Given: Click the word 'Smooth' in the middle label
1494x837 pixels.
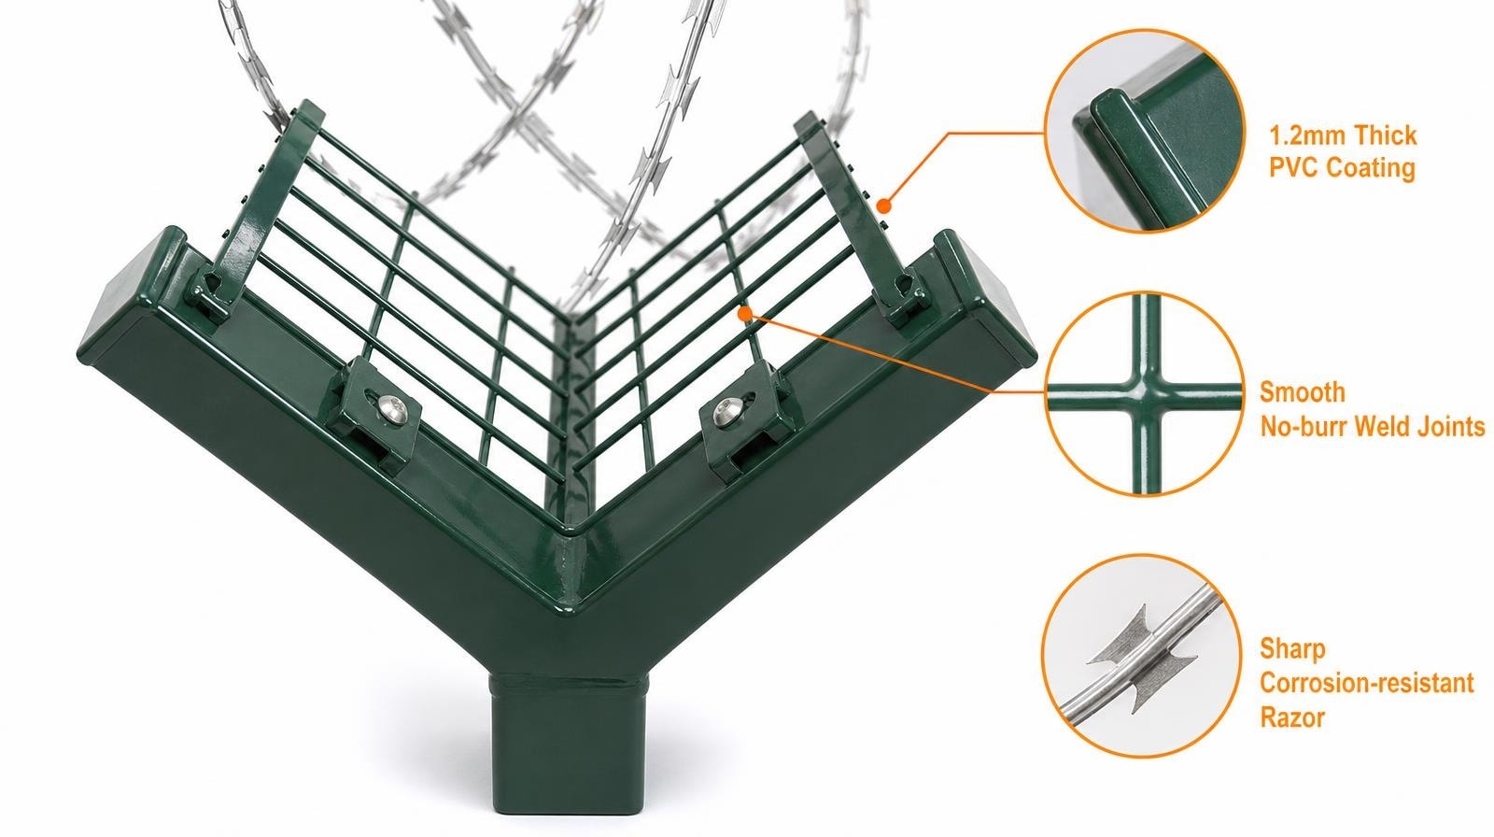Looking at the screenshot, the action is [x=1302, y=391].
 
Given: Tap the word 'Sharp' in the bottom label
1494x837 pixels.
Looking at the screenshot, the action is [x=1292, y=649].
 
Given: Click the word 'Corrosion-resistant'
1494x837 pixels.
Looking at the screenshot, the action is [x=1366, y=683].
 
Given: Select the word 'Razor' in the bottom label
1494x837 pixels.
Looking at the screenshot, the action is [x=1292, y=717].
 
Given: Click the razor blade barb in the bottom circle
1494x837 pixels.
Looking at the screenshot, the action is [x=1143, y=658].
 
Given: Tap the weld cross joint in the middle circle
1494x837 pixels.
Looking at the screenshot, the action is [x=1145, y=394].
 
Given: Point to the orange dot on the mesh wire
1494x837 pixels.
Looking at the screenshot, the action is [x=745, y=312].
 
